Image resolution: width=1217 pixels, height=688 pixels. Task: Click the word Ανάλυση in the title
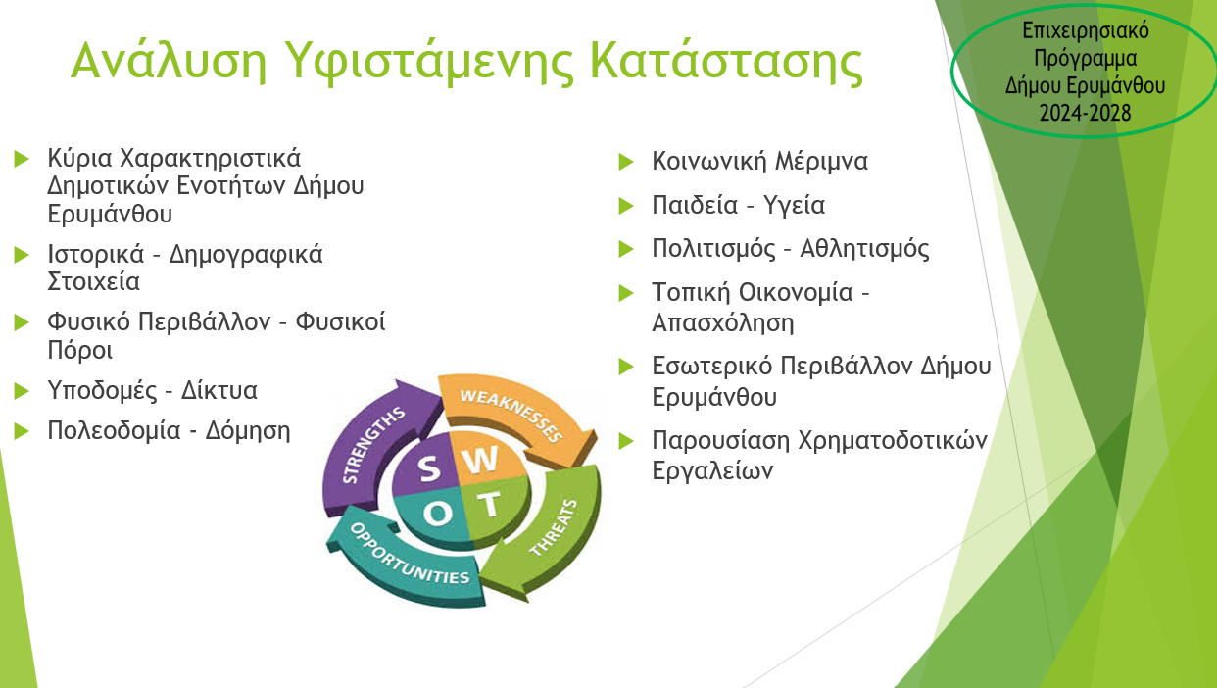(x=169, y=60)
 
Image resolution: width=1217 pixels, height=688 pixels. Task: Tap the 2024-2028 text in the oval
(x=1085, y=113)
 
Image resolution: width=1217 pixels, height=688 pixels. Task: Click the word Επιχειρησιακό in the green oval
(x=1086, y=31)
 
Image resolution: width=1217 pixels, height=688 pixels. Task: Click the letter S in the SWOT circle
(x=429, y=468)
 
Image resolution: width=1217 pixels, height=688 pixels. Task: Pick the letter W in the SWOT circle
(x=480, y=461)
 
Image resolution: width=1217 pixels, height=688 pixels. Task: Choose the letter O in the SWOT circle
(x=437, y=513)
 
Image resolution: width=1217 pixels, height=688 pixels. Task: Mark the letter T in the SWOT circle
(x=490, y=505)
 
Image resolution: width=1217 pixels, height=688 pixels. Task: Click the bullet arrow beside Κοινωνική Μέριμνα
(x=626, y=162)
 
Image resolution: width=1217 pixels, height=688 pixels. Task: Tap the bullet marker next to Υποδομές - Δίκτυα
(x=22, y=391)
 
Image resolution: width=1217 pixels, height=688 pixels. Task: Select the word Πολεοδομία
(x=114, y=431)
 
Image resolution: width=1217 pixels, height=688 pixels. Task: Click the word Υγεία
(x=794, y=206)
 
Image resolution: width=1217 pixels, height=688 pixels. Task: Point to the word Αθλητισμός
(x=864, y=250)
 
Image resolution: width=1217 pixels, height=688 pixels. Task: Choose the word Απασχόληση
(x=722, y=322)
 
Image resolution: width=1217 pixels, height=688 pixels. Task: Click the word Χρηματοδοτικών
(x=892, y=441)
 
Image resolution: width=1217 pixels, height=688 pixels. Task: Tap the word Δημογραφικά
(x=246, y=255)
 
